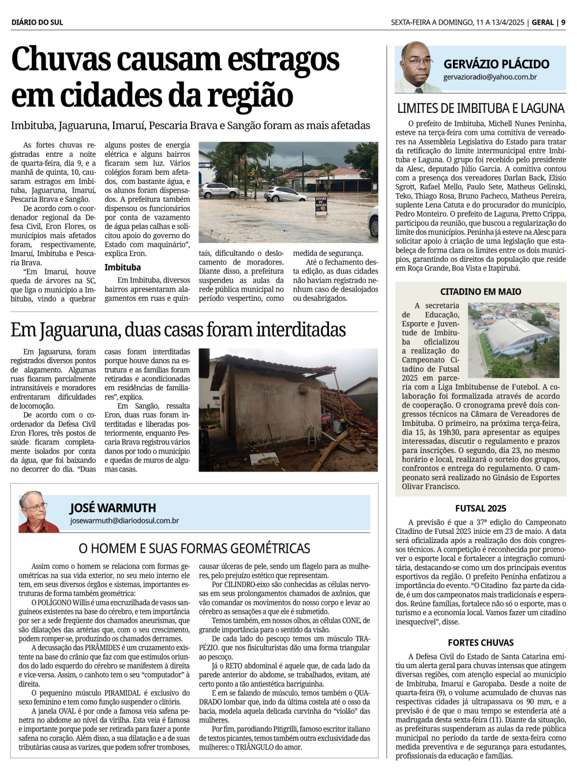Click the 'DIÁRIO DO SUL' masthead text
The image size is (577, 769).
click(37, 22)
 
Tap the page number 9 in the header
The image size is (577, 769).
click(563, 22)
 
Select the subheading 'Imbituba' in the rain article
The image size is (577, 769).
click(122, 267)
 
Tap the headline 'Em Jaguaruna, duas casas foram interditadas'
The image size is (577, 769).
click(178, 330)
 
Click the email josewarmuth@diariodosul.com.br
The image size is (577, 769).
click(124, 521)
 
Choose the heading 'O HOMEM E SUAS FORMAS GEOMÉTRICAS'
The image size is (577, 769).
click(194, 548)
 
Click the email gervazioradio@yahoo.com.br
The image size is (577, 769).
click(490, 77)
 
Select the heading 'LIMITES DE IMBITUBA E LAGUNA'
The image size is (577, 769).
click(481, 108)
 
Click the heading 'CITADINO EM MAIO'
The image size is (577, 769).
click(481, 292)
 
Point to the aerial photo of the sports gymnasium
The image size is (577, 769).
click(513, 340)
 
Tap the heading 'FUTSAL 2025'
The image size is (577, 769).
click(481, 508)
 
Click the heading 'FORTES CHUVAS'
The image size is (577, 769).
click(481, 643)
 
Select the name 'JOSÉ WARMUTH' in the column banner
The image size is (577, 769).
click(113, 508)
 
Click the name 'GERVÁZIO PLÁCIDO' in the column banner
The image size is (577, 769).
click(496, 64)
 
